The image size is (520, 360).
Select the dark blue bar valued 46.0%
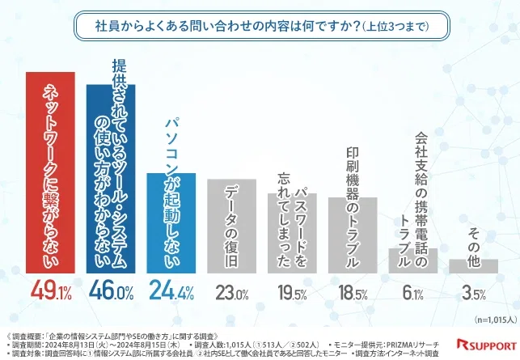tap(111, 178)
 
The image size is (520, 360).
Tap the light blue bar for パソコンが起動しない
tap(171, 222)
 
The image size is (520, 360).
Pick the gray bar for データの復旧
tap(231, 227)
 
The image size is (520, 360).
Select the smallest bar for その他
tap(473, 266)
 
